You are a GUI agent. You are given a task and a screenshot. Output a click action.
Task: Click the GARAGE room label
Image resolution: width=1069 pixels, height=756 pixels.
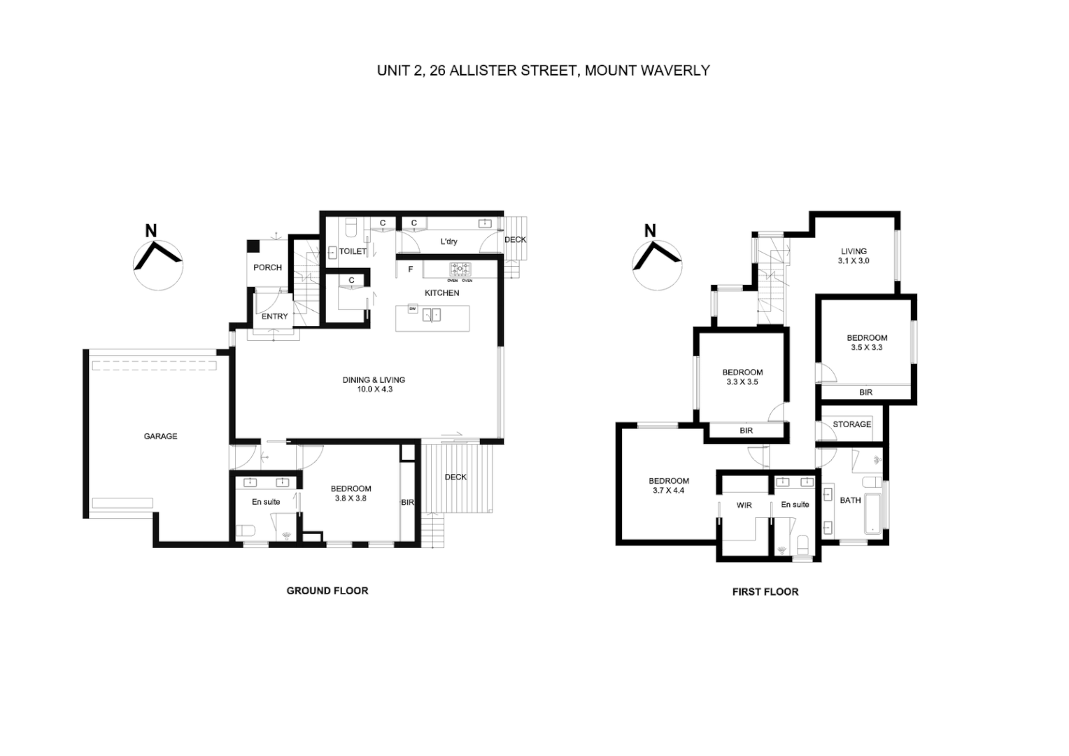pos(160,436)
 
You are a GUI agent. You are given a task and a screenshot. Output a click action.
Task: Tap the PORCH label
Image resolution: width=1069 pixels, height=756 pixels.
pos(267,267)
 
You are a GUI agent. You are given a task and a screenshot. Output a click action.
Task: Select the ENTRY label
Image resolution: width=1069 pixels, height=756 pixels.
pos(274,316)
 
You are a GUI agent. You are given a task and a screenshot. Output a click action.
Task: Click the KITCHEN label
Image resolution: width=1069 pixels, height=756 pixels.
pos(441,293)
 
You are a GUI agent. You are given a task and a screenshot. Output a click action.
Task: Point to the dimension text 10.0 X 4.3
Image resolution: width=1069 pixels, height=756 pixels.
pos(374,389)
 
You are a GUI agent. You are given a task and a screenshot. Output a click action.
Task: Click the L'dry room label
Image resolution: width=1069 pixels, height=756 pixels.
pos(448,241)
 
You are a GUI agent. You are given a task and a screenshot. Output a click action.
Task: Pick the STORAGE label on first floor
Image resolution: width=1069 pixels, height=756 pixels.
pos(851,424)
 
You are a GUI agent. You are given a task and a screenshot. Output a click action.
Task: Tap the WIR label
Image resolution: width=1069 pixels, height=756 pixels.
pos(744,505)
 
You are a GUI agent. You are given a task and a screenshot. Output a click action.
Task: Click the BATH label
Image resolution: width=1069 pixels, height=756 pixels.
pos(850,500)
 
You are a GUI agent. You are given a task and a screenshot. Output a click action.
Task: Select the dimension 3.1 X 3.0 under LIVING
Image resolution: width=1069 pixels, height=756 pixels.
pos(854,260)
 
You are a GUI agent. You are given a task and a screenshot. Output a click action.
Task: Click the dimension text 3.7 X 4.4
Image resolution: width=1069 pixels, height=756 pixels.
pos(668,491)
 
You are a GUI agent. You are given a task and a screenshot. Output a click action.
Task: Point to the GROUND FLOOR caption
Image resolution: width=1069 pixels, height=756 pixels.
pos(327,591)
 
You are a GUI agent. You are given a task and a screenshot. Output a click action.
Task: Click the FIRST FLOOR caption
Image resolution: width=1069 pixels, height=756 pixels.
pos(765,591)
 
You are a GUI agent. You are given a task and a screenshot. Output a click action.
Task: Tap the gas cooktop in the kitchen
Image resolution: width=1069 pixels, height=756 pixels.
pos(460,269)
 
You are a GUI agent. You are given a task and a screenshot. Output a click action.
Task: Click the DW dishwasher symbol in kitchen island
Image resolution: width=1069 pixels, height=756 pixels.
pos(413,309)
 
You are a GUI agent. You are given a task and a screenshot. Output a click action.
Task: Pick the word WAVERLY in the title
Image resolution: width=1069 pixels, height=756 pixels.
pos(677,70)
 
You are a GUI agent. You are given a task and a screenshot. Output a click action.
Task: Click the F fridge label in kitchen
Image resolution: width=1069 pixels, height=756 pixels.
pos(411,269)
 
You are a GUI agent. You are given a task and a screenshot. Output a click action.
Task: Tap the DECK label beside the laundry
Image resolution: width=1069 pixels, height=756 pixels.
pos(515,239)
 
